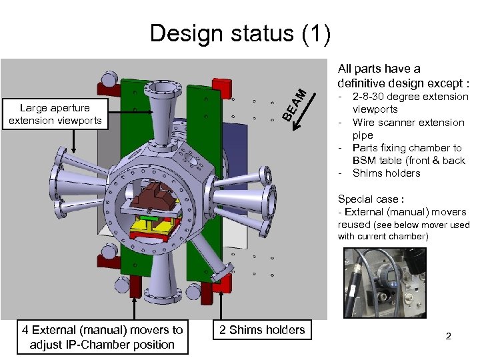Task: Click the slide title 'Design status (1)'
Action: tap(240, 33)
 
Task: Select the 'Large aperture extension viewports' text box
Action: tap(55, 114)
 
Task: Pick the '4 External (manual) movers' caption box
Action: tap(102, 337)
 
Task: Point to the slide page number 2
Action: tap(448, 337)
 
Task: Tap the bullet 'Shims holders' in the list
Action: tap(386, 173)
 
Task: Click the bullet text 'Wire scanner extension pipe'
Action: tap(408, 129)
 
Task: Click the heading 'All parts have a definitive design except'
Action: tap(403, 75)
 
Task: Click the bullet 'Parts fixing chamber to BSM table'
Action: tap(408, 154)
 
